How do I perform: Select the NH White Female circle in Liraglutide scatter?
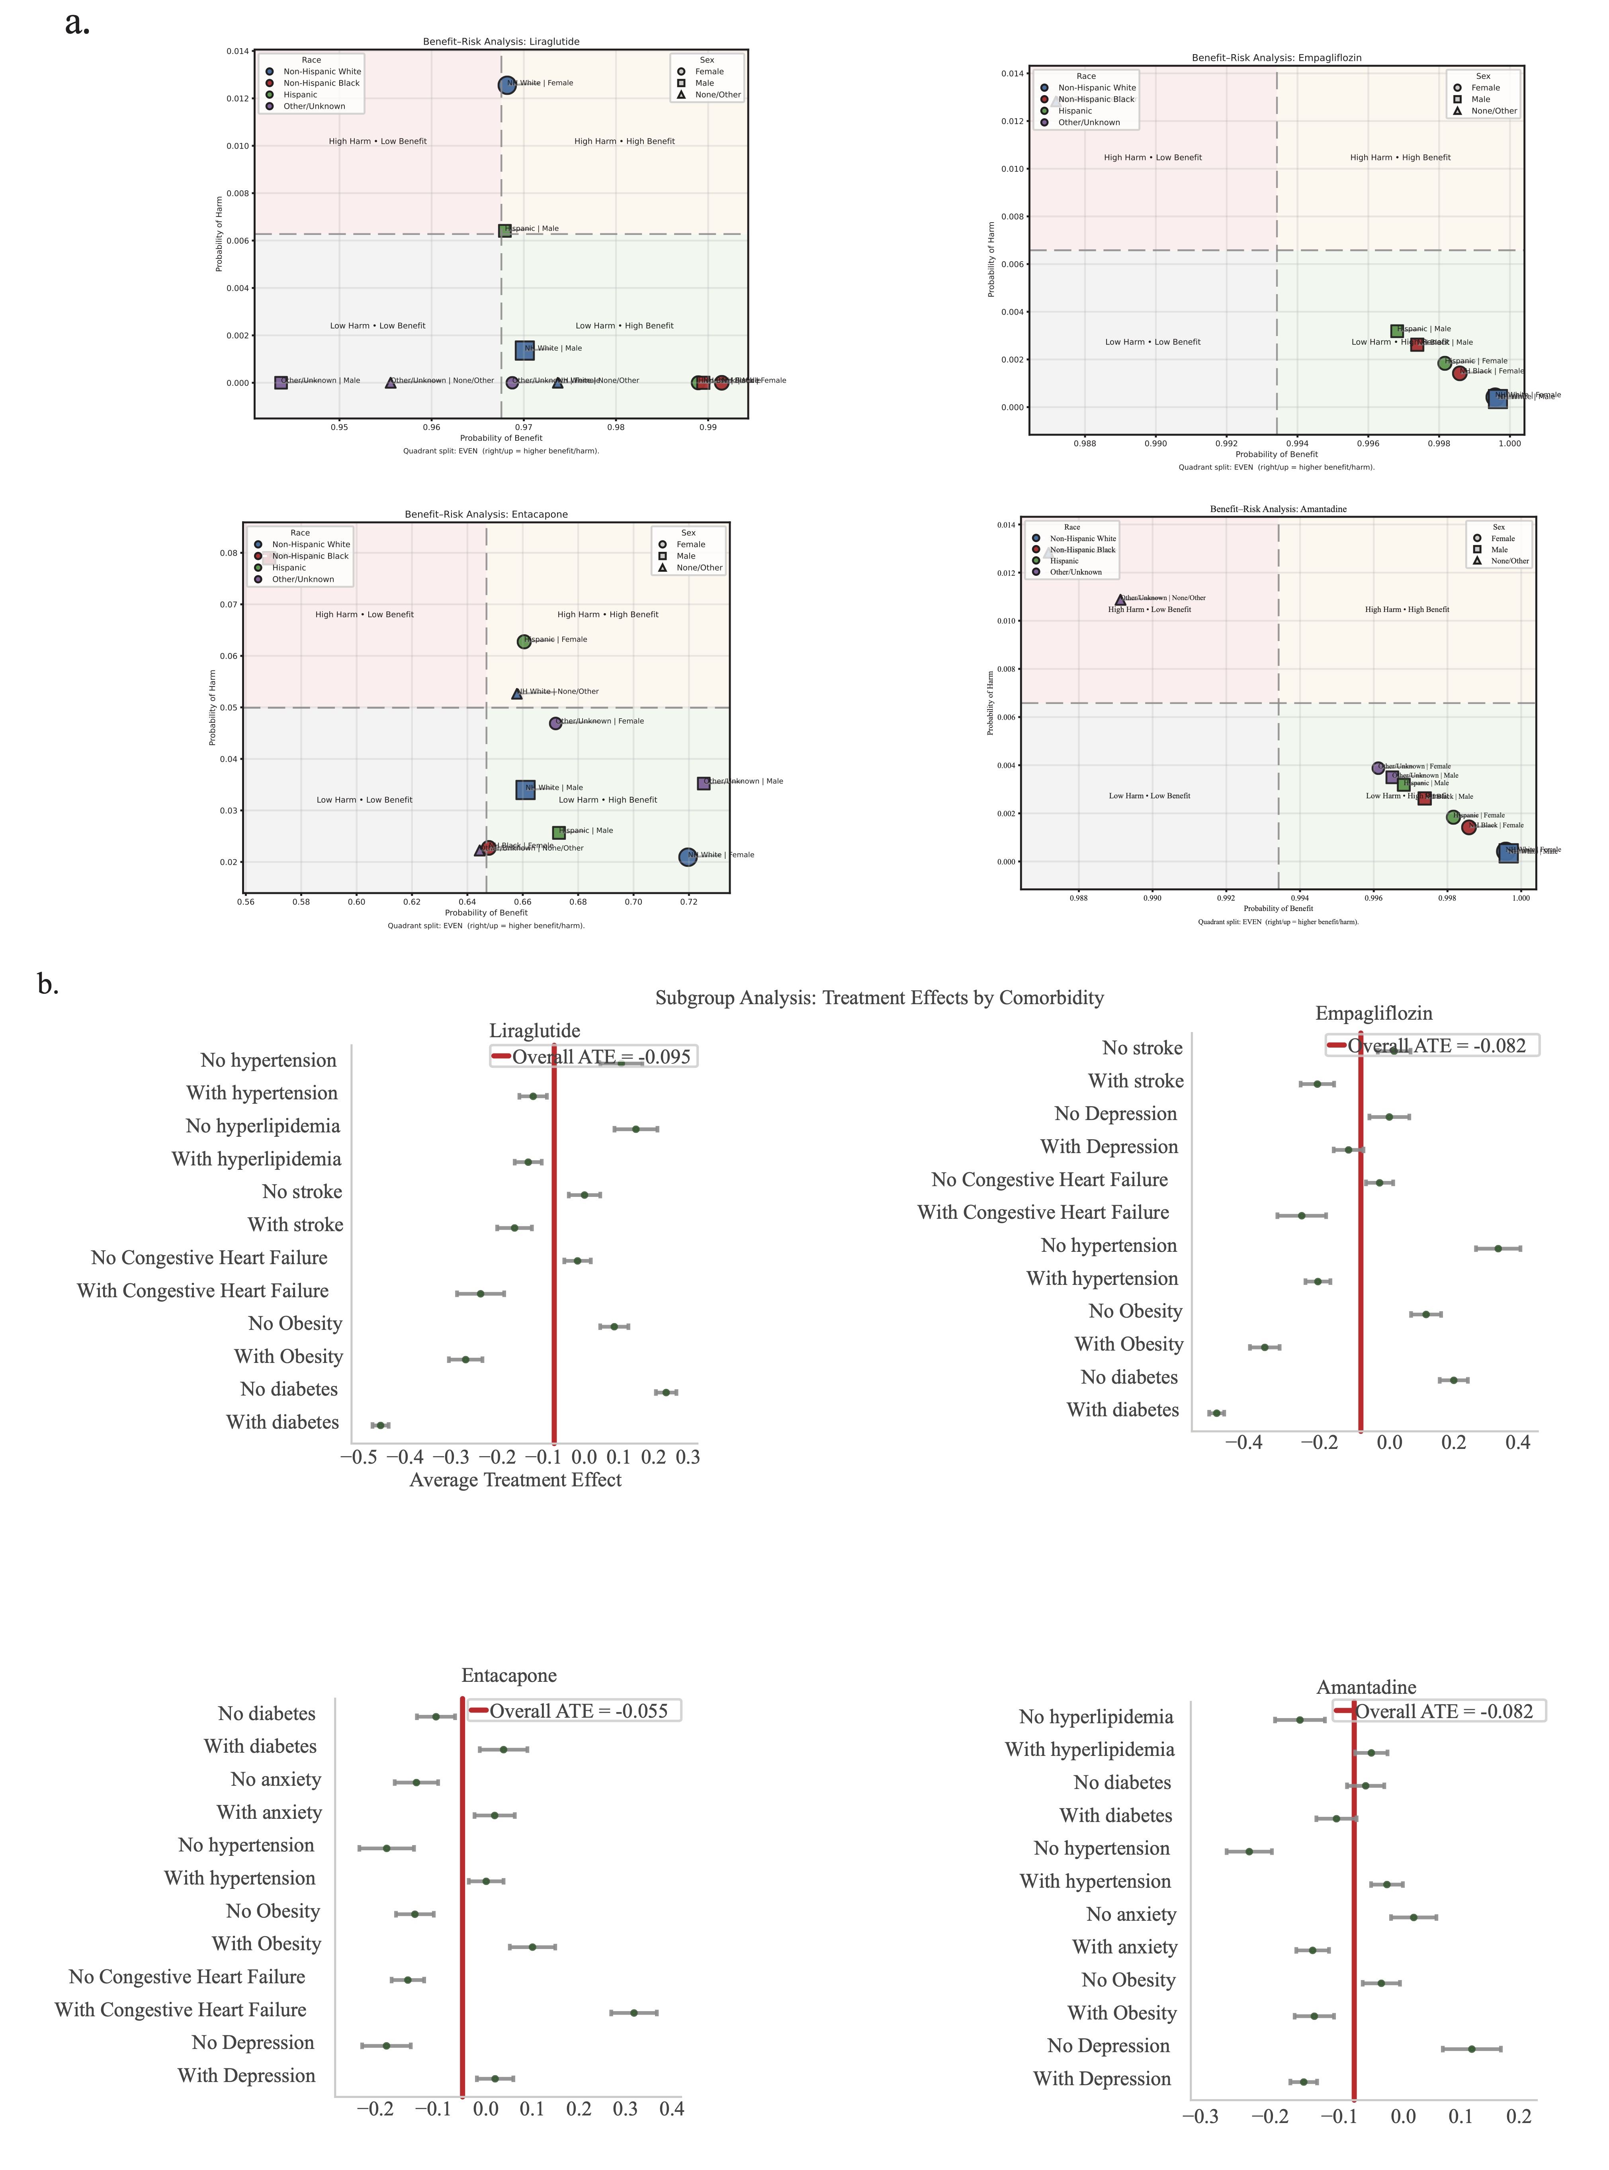[x=506, y=86]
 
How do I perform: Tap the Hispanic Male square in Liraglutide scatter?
[x=504, y=231]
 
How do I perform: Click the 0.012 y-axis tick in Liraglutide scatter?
[x=238, y=98]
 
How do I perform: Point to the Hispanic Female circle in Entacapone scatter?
[x=524, y=642]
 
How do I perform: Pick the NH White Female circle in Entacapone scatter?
[x=688, y=857]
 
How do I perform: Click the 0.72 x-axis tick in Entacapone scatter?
[x=688, y=902]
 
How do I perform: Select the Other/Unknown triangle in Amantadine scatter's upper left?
[x=1120, y=600]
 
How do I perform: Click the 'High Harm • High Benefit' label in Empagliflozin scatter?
[x=1400, y=158]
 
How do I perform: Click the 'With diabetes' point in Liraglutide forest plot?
[x=380, y=1425]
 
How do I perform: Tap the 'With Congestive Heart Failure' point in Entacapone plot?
[x=633, y=2012]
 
